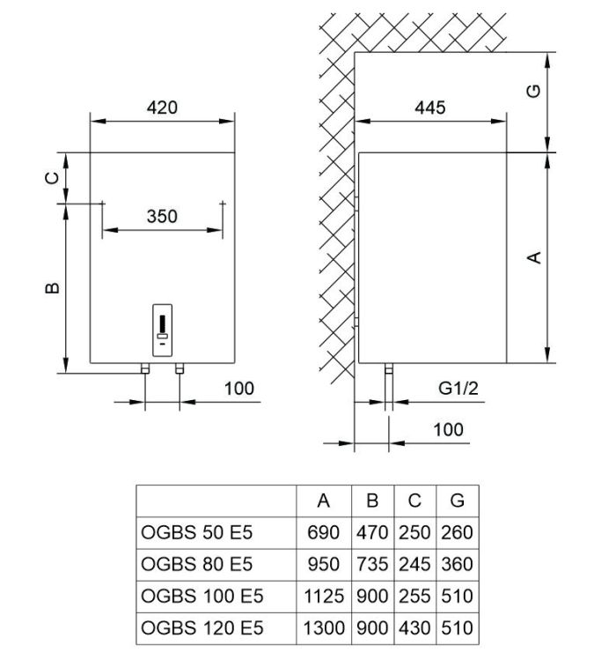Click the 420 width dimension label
162,108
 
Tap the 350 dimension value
162,216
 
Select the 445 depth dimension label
430,108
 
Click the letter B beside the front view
52,288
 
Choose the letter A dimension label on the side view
532,257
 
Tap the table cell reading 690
324,532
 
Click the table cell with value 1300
324,628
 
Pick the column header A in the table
324,501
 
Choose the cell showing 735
372,565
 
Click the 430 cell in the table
414,628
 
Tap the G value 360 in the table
457,565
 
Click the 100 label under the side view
448,430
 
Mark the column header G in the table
457,501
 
